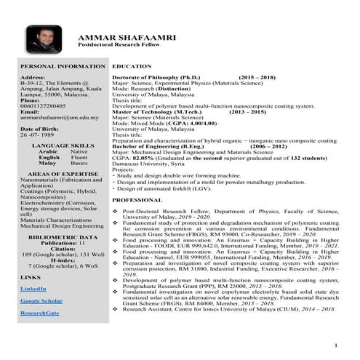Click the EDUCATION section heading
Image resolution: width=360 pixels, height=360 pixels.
[x=132, y=66]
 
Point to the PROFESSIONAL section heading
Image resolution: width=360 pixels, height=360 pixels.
[x=137, y=199]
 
